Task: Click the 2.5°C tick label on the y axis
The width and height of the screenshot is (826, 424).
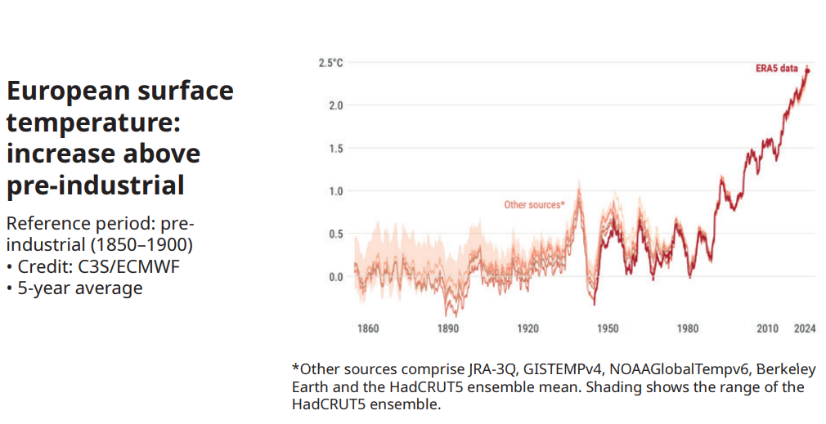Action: pyautogui.click(x=330, y=63)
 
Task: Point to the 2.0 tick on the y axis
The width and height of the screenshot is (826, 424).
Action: pyautogui.click(x=334, y=105)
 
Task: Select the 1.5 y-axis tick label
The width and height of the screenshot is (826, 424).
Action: pyautogui.click(x=334, y=149)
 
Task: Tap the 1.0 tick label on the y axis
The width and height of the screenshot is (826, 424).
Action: pyautogui.click(x=334, y=191)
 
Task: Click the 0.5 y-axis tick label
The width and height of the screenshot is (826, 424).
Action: pyautogui.click(x=334, y=234)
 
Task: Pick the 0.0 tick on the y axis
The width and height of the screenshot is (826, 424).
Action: pyautogui.click(x=334, y=277)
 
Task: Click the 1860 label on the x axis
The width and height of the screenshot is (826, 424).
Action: pyautogui.click(x=368, y=329)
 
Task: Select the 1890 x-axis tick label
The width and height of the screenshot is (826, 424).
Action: pyautogui.click(x=447, y=329)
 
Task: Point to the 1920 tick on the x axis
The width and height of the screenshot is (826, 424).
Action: pyautogui.click(x=527, y=329)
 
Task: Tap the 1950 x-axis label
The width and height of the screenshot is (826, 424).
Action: pyautogui.click(x=607, y=329)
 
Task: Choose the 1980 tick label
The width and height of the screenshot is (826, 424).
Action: pyautogui.click(x=687, y=329)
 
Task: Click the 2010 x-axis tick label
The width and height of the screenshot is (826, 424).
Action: pyautogui.click(x=767, y=329)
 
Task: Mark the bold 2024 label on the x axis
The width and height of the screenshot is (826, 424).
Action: pyautogui.click(x=805, y=329)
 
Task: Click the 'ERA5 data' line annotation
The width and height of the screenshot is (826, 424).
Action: pyautogui.click(x=776, y=69)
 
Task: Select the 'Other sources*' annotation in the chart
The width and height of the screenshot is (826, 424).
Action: pyautogui.click(x=534, y=204)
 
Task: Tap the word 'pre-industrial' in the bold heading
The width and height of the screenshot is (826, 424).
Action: pyautogui.click(x=95, y=185)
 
